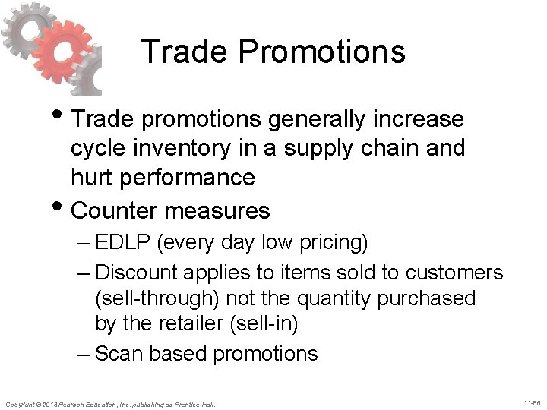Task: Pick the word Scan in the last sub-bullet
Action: click(x=115, y=353)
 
